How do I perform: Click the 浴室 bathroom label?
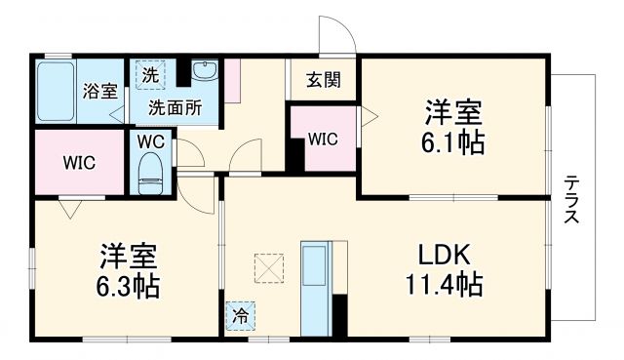pos(99,93)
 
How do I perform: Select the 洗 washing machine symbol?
pos(150,73)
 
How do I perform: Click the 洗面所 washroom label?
pos(175,106)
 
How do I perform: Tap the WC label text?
pos(150,140)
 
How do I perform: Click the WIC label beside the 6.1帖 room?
pos(323,139)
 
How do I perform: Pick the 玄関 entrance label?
pos(323,81)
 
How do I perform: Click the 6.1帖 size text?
pos(454,142)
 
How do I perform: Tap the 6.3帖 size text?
pos(129,288)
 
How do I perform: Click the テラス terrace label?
pos(572,199)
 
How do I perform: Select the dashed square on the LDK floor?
pos(268,266)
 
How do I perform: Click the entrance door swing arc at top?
pos(338,34)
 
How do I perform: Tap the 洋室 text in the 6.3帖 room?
pos(129,257)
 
